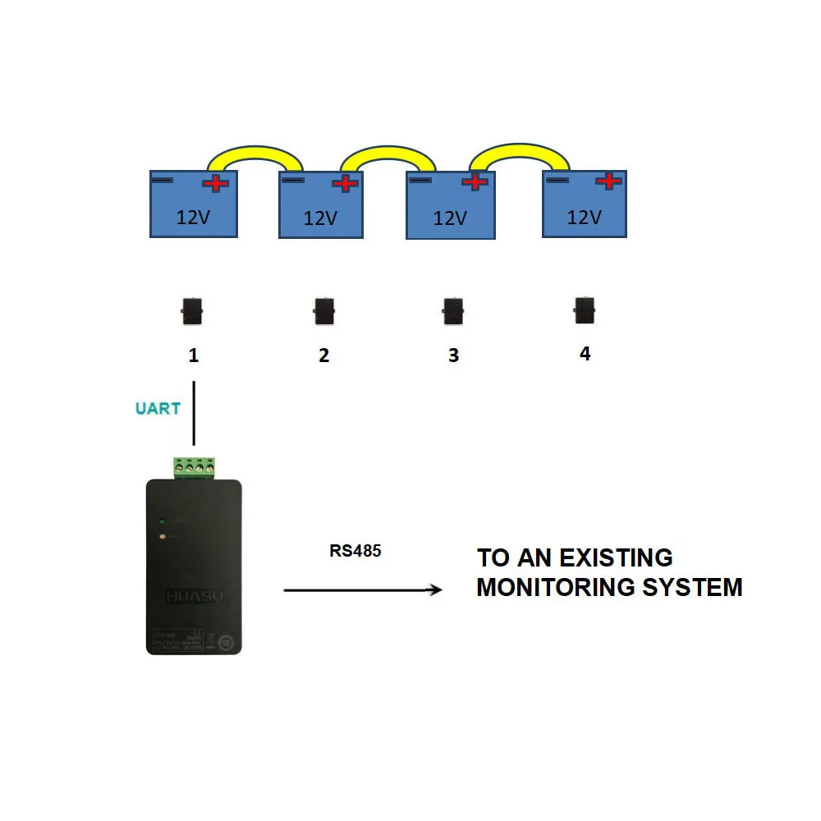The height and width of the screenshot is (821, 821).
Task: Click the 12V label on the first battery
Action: tap(193, 218)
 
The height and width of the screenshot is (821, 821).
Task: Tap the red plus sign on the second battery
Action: tap(346, 183)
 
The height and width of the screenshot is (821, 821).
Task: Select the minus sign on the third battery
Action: tap(421, 180)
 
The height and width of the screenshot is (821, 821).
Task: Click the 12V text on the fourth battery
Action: tap(585, 218)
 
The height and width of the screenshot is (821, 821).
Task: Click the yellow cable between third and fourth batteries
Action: tap(517, 151)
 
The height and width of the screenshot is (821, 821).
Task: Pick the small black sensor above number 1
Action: tap(193, 312)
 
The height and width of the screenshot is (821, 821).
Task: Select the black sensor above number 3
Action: tap(452, 312)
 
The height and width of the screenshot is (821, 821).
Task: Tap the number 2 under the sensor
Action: tap(323, 355)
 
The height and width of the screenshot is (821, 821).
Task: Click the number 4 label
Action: tap(585, 354)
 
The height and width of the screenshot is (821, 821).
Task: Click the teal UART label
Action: tap(158, 408)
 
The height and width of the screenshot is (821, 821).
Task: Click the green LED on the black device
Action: tap(163, 521)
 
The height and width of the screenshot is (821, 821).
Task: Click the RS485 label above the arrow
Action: tap(355, 551)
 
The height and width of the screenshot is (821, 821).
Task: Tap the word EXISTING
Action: tap(616, 558)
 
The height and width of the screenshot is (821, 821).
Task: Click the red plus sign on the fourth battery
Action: tap(608, 181)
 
